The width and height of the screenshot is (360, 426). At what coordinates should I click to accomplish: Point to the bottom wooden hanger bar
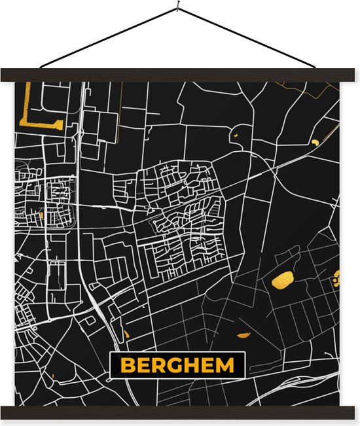[x=180, y=412]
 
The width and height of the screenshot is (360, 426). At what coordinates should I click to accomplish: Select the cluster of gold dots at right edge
[x=336, y=279]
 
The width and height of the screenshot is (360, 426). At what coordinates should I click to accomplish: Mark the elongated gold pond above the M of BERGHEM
[x=243, y=335]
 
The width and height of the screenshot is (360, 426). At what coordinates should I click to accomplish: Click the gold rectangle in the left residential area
[x=42, y=213]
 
